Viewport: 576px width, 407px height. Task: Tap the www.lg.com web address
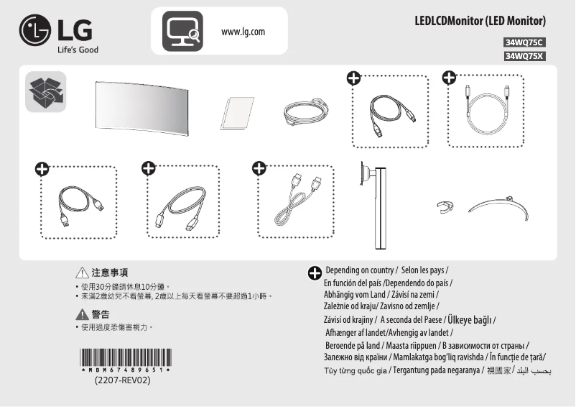[243, 32]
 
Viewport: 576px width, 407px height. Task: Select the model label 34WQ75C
[525, 42]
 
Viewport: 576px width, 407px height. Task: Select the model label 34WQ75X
[525, 55]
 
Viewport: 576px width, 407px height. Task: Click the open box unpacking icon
[46, 91]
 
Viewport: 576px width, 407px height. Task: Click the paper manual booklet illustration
[237, 112]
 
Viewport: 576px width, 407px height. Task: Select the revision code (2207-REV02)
[121, 380]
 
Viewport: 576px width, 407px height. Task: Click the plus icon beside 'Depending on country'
[315, 273]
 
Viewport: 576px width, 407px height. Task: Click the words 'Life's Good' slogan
[78, 50]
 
